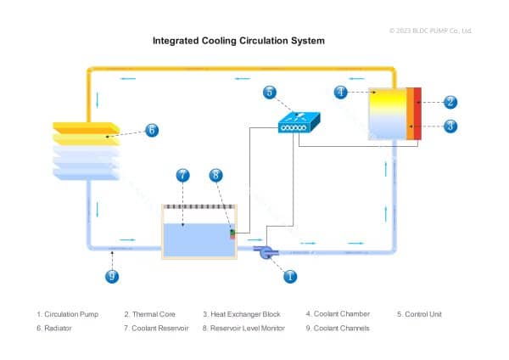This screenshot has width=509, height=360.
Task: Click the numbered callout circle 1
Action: (289, 276)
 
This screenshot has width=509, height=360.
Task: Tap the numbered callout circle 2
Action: (450, 102)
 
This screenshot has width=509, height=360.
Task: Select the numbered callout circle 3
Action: (450, 126)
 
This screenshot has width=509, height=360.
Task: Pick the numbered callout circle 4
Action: (340, 92)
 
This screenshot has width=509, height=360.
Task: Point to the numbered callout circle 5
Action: (269, 92)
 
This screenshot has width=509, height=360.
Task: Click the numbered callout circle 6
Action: (151, 130)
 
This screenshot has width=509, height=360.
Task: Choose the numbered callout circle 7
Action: (182, 176)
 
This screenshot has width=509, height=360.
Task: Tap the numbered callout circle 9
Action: (111, 276)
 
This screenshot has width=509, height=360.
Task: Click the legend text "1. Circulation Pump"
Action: (68, 314)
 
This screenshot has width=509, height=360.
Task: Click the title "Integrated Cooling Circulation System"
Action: (238, 40)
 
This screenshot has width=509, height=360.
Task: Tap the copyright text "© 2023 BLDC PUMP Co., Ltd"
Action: (430, 31)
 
